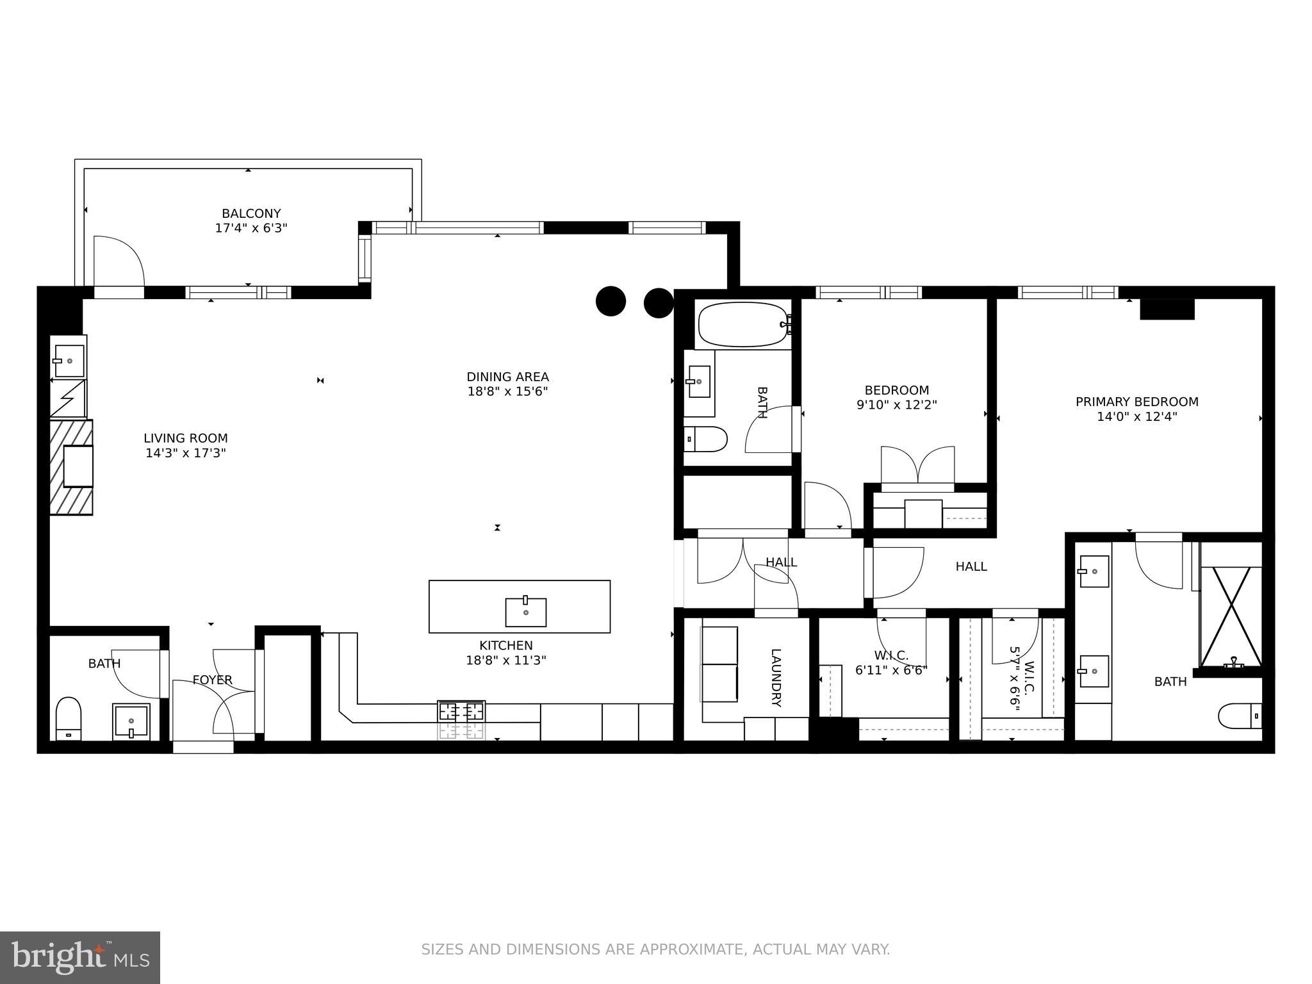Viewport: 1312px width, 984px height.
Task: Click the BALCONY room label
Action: point(251,213)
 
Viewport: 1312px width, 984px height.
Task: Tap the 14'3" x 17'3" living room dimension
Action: point(186,454)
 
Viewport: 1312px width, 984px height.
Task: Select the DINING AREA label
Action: point(507,377)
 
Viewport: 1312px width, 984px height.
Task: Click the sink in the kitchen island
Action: point(525,612)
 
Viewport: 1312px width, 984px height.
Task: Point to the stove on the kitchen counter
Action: point(461,711)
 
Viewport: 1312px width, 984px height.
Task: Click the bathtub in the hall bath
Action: point(743,325)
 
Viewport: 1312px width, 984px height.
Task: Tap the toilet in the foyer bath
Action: point(69,718)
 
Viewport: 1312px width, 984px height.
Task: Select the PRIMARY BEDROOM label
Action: point(1136,402)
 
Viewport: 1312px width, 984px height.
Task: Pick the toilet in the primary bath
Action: point(1240,716)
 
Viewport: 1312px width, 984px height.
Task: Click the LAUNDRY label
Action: point(776,678)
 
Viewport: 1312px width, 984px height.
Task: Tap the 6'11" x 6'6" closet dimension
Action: point(891,671)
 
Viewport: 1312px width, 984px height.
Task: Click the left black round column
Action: point(611,301)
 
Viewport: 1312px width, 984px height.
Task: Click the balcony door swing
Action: point(119,263)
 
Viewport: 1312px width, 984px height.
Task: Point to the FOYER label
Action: point(212,680)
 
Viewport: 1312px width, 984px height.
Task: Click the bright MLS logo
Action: point(79,957)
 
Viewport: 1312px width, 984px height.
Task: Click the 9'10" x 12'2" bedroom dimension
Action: point(896,405)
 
